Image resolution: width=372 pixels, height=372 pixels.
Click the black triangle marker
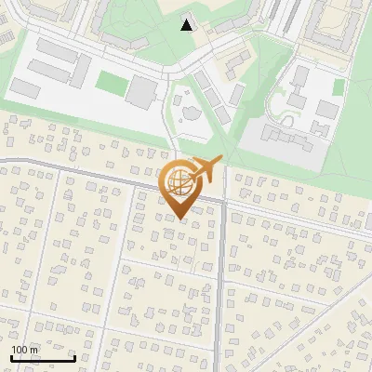(188, 25)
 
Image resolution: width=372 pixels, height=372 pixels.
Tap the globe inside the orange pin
(179, 181)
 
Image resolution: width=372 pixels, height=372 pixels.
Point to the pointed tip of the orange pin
(179, 219)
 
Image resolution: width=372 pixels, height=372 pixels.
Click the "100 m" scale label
(24, 349)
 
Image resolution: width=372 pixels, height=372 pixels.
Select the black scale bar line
(43, 358)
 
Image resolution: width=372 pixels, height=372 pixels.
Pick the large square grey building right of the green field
(142, 90)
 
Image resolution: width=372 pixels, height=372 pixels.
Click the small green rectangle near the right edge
(339, 86)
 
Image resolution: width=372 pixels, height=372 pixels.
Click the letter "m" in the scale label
(34, 349)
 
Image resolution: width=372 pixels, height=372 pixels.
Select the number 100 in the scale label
(20, 349)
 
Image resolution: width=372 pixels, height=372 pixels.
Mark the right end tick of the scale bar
(74, 357)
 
